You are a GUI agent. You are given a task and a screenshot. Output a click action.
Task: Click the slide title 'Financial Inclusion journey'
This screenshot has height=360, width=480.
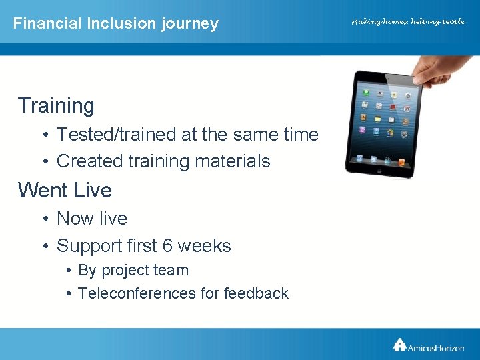point(115,23)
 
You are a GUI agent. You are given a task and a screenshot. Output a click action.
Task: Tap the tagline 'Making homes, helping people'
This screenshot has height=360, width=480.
point(408,22)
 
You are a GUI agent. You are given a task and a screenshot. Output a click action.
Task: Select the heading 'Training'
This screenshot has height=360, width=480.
point(56,105)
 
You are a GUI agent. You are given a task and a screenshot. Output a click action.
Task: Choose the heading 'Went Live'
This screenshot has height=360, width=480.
point(65,190)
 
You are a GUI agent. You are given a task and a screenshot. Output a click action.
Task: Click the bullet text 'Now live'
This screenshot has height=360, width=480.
point(92,219)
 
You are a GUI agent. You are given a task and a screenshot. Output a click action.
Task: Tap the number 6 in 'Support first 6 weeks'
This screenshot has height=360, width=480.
point(167,246)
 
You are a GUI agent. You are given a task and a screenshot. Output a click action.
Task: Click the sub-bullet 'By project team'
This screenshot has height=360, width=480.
point(133,271)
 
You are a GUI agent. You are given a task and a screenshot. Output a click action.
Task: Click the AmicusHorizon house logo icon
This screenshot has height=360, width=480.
point(399,344)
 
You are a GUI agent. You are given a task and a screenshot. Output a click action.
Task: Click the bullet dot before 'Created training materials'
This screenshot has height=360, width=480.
point(44,162)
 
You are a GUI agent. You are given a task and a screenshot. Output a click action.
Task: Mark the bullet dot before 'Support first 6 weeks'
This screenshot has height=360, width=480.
point(44,247)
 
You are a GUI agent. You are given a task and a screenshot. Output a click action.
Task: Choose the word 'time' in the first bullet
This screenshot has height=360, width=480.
point(301,135)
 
